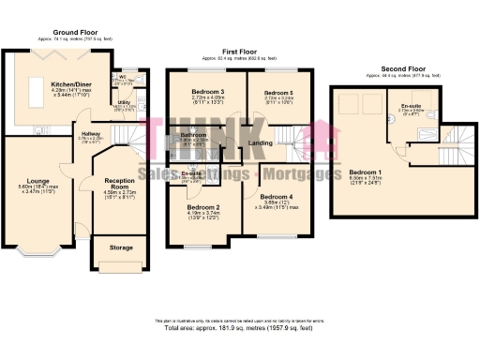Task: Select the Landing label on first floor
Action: click(260, 142)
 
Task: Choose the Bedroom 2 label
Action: click(203, 207)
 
